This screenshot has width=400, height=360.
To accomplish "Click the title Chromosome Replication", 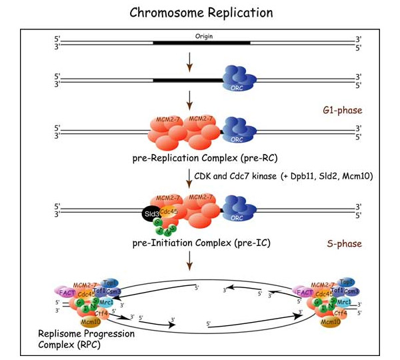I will (199, 13).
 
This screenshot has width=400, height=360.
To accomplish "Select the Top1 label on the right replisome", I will (346, 282).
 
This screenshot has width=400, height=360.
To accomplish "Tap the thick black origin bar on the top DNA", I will (201, 44).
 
